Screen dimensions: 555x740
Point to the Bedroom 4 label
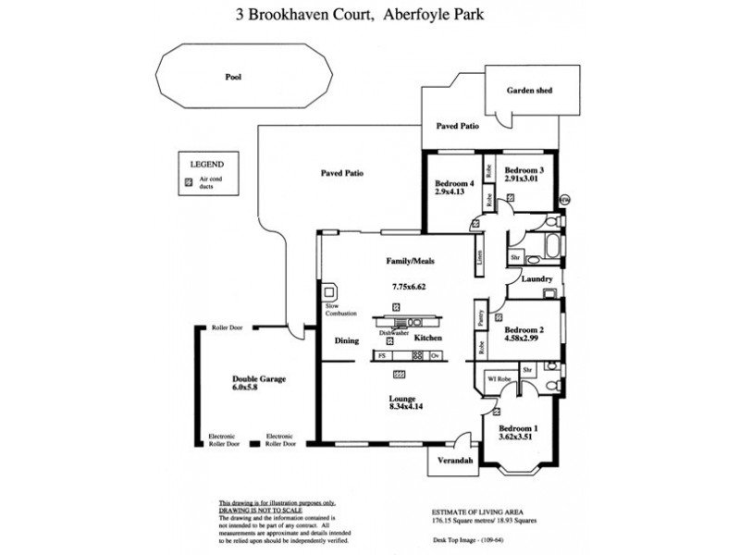453,183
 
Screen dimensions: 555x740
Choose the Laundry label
536,278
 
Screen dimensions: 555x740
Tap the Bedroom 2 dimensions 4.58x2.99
524,339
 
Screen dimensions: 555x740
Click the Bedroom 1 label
517,429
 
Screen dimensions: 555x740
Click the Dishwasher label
392,332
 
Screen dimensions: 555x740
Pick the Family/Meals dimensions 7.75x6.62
410,287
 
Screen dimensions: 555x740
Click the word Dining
346,341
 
